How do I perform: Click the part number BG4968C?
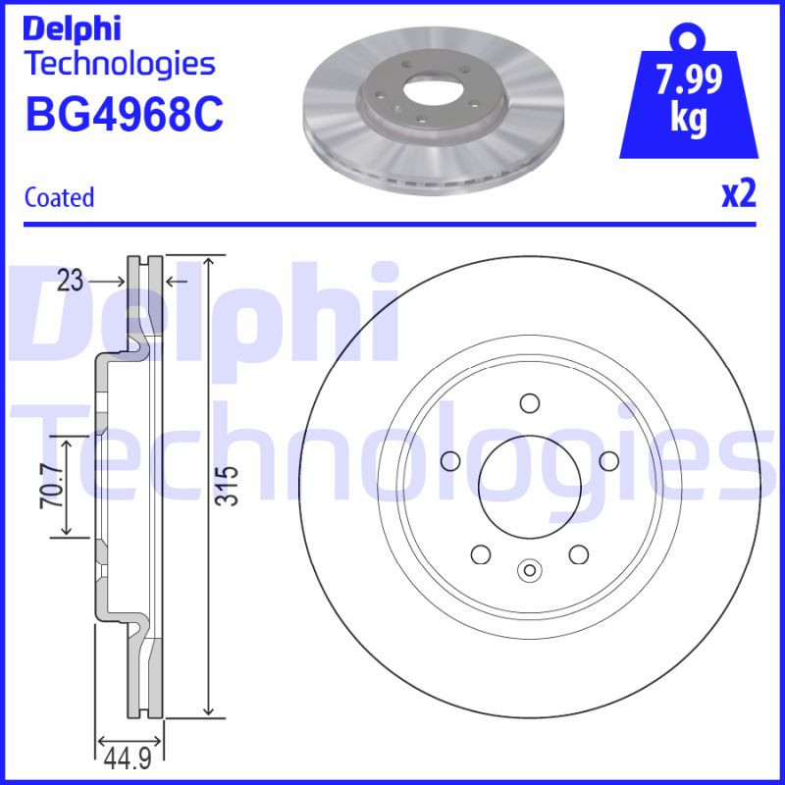[124, 115]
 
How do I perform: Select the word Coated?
[59, 197]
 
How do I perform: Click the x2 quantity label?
[738, 195]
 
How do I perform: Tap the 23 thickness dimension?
[69, 282]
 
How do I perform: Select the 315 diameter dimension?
[228, 485]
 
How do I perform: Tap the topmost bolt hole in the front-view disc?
[529, 402]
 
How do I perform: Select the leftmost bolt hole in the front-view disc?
[451, 460]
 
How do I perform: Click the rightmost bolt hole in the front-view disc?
[607, 460]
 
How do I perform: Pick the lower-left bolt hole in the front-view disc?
[481, 553]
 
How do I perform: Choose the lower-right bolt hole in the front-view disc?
[578, 553]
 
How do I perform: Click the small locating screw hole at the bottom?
[529, 568]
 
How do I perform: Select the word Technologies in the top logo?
[119, 64]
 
